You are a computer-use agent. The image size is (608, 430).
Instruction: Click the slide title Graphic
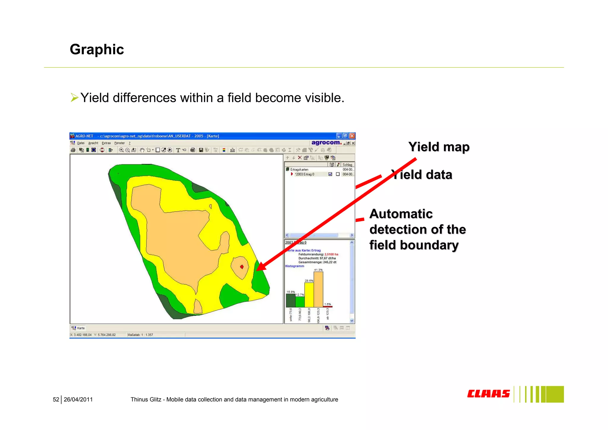97,49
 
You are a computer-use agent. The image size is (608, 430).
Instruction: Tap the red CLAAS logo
488,394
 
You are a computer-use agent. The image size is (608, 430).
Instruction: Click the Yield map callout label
439,147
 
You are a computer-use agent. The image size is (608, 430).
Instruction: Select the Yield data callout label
422,175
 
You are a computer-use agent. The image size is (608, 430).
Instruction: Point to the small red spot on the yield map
242,267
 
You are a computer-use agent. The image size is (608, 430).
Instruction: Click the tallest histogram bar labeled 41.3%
318,289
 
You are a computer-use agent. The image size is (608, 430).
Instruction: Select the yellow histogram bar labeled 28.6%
309,294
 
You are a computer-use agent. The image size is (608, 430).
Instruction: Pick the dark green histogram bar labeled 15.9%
290,300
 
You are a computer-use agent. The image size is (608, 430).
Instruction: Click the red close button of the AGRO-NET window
352,136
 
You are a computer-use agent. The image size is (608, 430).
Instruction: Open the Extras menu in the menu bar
106,143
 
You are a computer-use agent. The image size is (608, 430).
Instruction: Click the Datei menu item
81,143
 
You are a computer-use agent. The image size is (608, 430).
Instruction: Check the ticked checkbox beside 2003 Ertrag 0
330,174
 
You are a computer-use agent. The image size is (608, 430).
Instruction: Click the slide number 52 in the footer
56,400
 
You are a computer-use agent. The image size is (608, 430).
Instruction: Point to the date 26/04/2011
78,400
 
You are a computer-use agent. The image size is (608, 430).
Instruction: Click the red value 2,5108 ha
331,254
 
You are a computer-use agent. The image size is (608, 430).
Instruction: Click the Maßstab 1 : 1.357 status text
140,335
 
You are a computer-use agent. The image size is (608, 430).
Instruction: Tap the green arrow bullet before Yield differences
74,97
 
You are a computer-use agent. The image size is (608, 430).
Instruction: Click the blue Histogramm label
294,266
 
